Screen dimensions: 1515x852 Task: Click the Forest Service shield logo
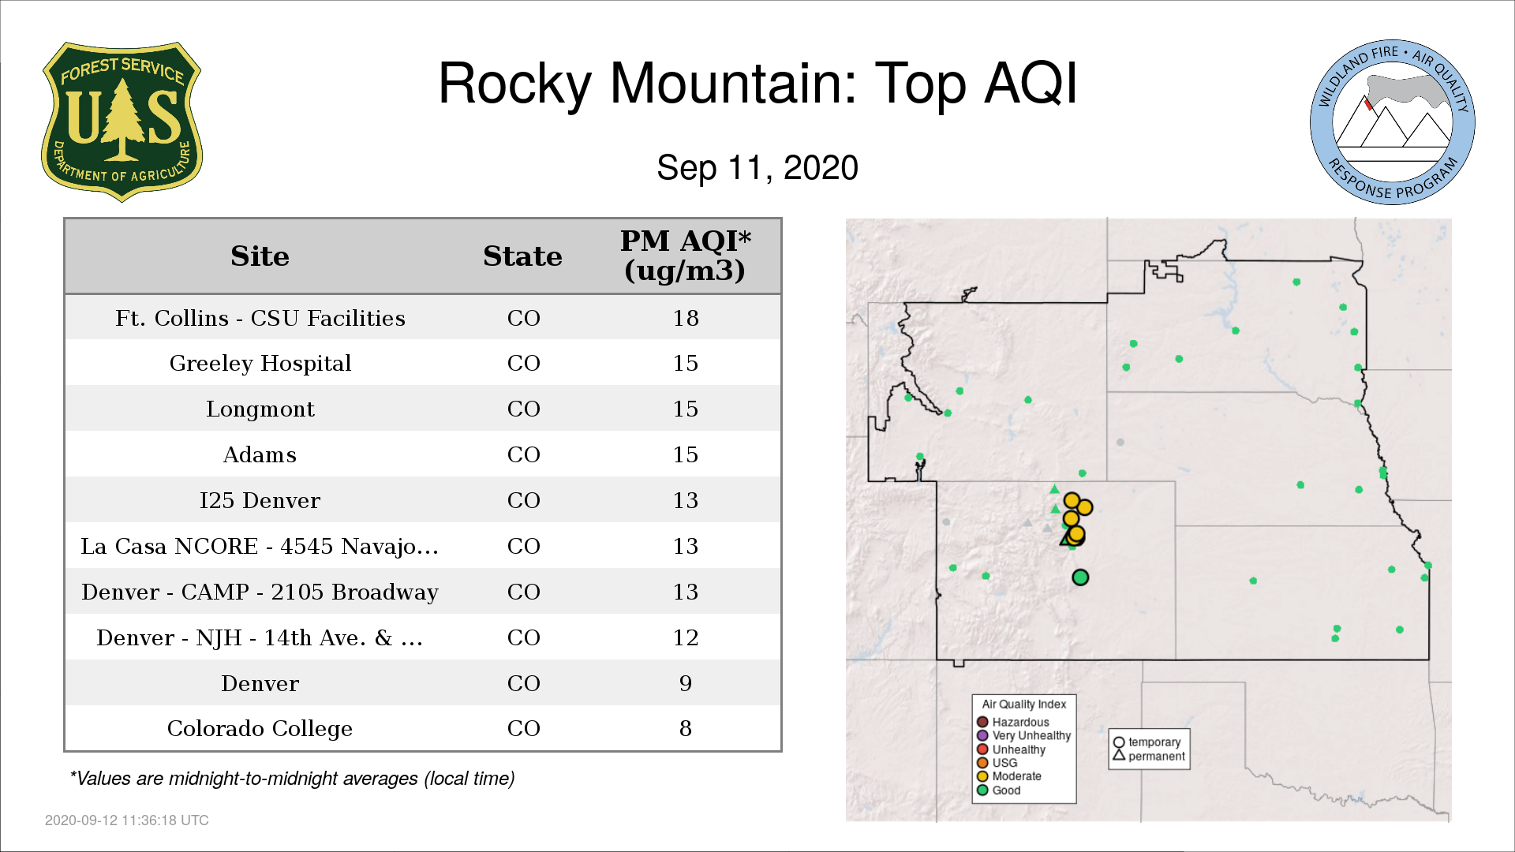pyautogui.click(x=122, y=122)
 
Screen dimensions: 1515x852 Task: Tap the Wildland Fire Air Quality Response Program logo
pyautogui.click(x=1393, y=122)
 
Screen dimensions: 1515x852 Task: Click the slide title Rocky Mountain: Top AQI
pyautogui.click(x=757, y=84)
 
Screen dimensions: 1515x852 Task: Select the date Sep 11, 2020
pyautogui.click(x=757, y=168)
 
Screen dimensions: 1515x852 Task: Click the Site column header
pyautogui.click(x=260, y=256)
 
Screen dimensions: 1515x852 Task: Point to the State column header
pyautogui.click(x=522, y=256)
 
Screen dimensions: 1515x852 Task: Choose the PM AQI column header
pyautogui.click(x=685, y=256)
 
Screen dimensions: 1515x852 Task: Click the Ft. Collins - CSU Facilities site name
pyautogui.click(x=260, y=318)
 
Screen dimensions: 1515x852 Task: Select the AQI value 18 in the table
pyautogui.click(x=686, y=318)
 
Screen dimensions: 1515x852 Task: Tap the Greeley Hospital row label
pyautogui.click(x=260, y=364)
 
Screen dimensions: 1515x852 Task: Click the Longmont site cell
pyautogui.click(x=260, y=409)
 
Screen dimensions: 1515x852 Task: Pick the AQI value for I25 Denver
pyautogui.click(x=686, y=501)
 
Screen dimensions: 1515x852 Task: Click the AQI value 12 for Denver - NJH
pyautogui.click(x=686, y=638)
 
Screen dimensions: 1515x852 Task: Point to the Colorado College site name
pyautogui.click(x=260, y=729)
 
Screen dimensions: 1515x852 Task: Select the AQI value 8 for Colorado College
pyautogui.click(x=686, y=729)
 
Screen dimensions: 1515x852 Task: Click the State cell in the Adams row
pyautogui.click(x=524, y=455)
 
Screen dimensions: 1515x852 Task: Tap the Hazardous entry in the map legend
pyautogui.click(x=1013, y=722)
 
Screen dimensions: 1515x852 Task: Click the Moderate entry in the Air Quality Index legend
pyautogui.click(x=1009, y=776)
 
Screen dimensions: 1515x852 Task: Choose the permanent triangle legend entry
pyautogui.click(x=1149, y=756)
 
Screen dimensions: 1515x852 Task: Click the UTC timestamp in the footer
pyautogui.click(x=127, y=820)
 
